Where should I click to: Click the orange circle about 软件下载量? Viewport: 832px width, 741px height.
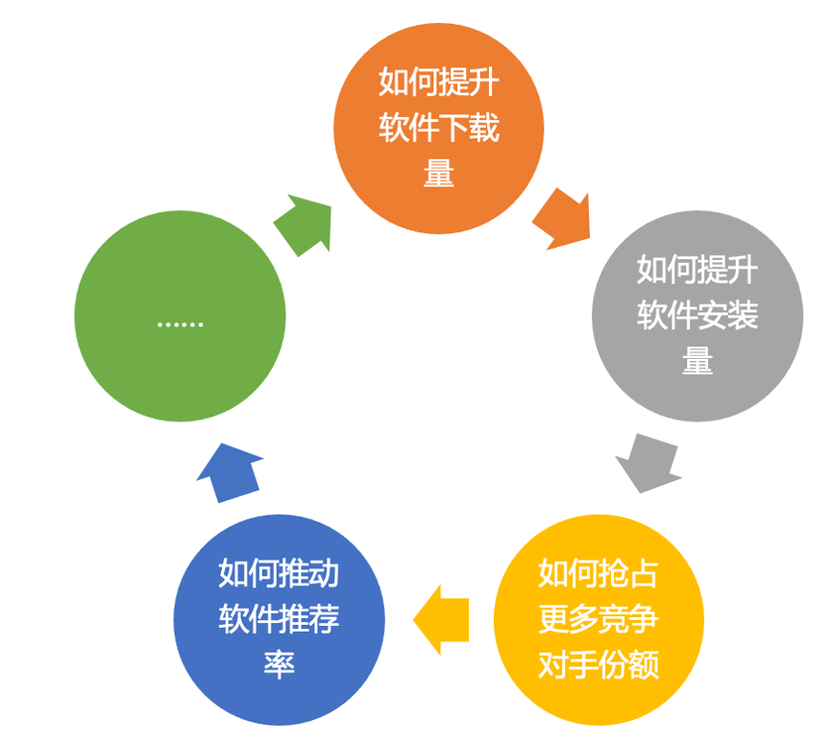438,129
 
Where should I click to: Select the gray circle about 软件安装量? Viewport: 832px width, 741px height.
697,316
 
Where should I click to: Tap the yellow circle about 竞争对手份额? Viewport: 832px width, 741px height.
599,619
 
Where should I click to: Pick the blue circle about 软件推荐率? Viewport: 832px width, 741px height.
279,619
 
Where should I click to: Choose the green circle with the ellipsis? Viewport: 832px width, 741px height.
180,316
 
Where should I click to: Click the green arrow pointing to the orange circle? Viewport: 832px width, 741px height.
304,225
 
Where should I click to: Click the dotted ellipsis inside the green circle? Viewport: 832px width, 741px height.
180,324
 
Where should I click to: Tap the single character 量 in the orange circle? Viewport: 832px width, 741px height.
438,174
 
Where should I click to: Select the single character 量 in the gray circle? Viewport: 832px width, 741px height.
697,361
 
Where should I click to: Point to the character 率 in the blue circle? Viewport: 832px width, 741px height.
279,664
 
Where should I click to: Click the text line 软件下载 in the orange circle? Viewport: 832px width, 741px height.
438,129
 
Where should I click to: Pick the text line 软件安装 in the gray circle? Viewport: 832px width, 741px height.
697,316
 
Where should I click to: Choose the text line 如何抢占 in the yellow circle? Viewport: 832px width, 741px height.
599,574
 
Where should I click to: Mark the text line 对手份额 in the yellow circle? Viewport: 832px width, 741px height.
599,664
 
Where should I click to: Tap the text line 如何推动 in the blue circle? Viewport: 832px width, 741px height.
279,574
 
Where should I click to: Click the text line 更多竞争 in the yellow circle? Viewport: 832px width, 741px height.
599,619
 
